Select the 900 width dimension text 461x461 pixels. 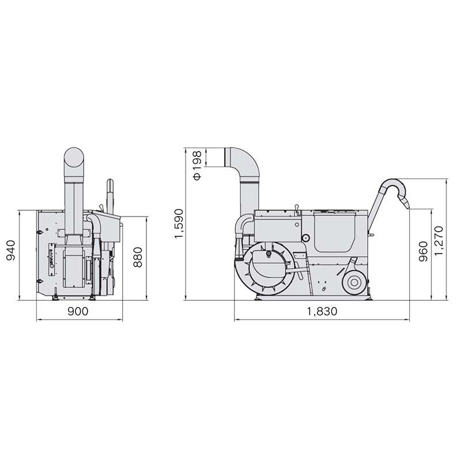point(78,311)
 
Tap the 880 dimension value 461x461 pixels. point(138,257)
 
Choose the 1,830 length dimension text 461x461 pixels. point(322,311)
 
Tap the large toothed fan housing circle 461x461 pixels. point(268,266)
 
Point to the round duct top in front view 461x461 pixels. point(74,157)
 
